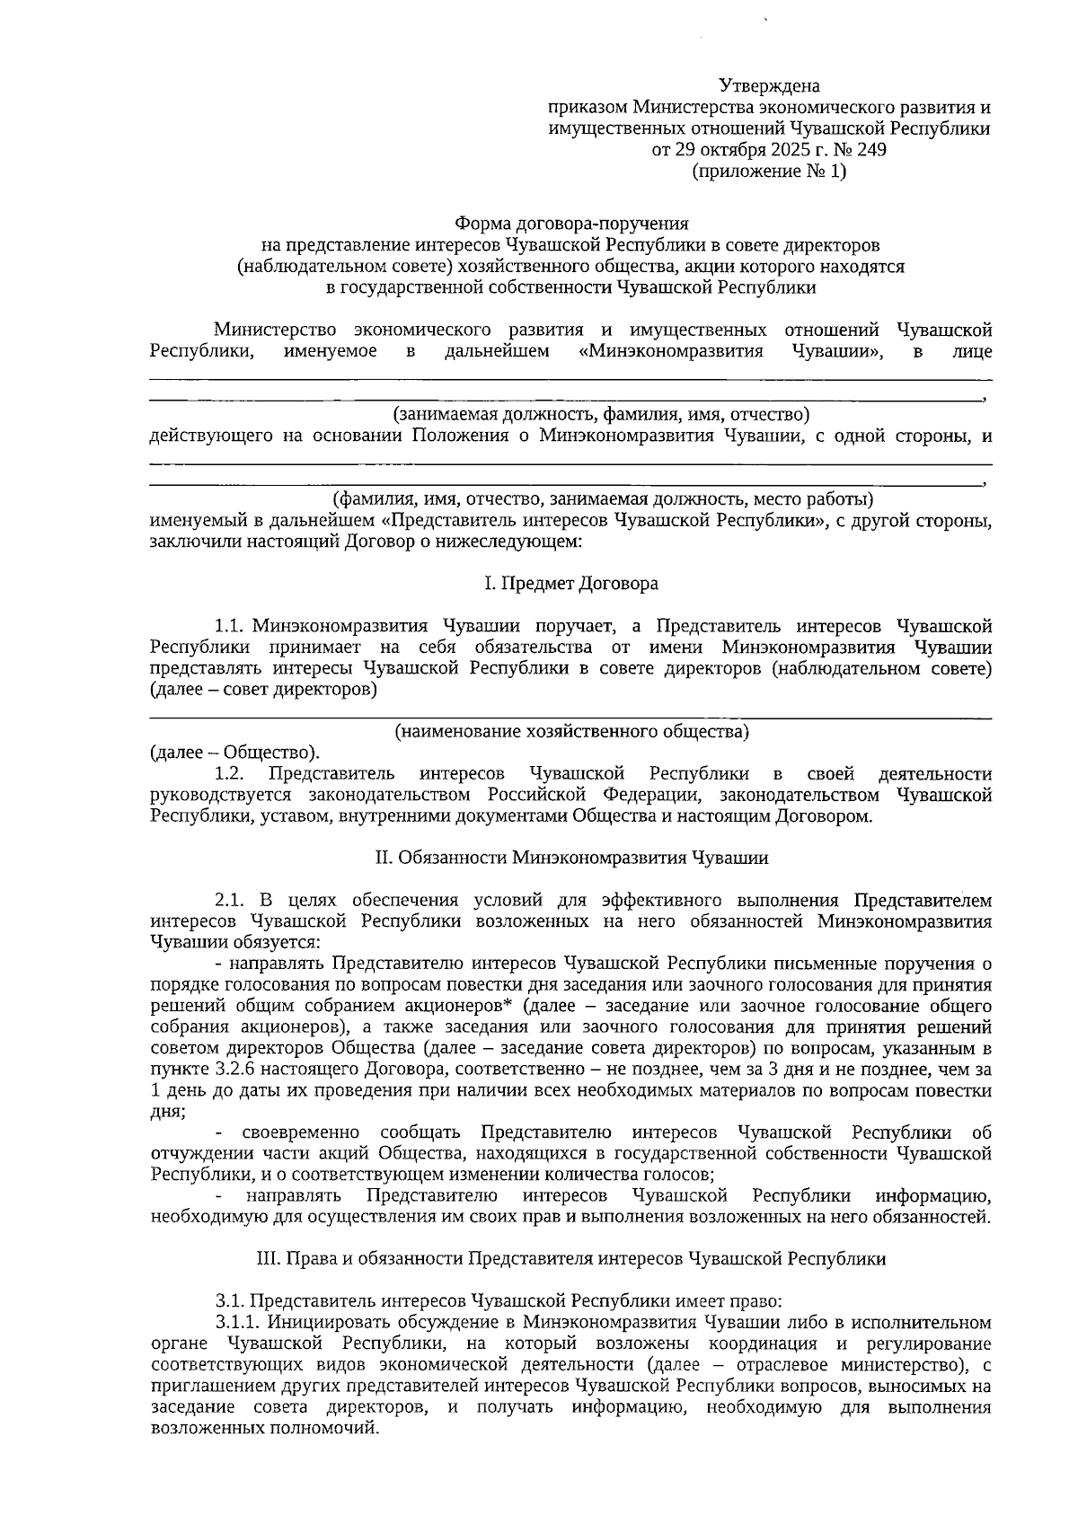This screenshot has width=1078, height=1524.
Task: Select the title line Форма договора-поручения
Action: pos(571,223)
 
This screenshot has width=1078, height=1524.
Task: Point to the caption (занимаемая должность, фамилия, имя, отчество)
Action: pos(601,415)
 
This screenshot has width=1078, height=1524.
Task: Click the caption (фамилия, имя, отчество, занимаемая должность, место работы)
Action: pos(604,498)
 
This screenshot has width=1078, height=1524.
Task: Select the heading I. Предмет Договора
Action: pos(571,584)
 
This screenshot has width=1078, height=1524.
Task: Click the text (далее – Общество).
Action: pos(234,753)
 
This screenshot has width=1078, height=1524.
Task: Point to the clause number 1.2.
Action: pos(231,774)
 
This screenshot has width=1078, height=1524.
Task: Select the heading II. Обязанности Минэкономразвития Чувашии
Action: pos(571,858)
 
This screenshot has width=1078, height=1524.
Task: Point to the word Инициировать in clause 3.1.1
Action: pos(316,1323)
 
